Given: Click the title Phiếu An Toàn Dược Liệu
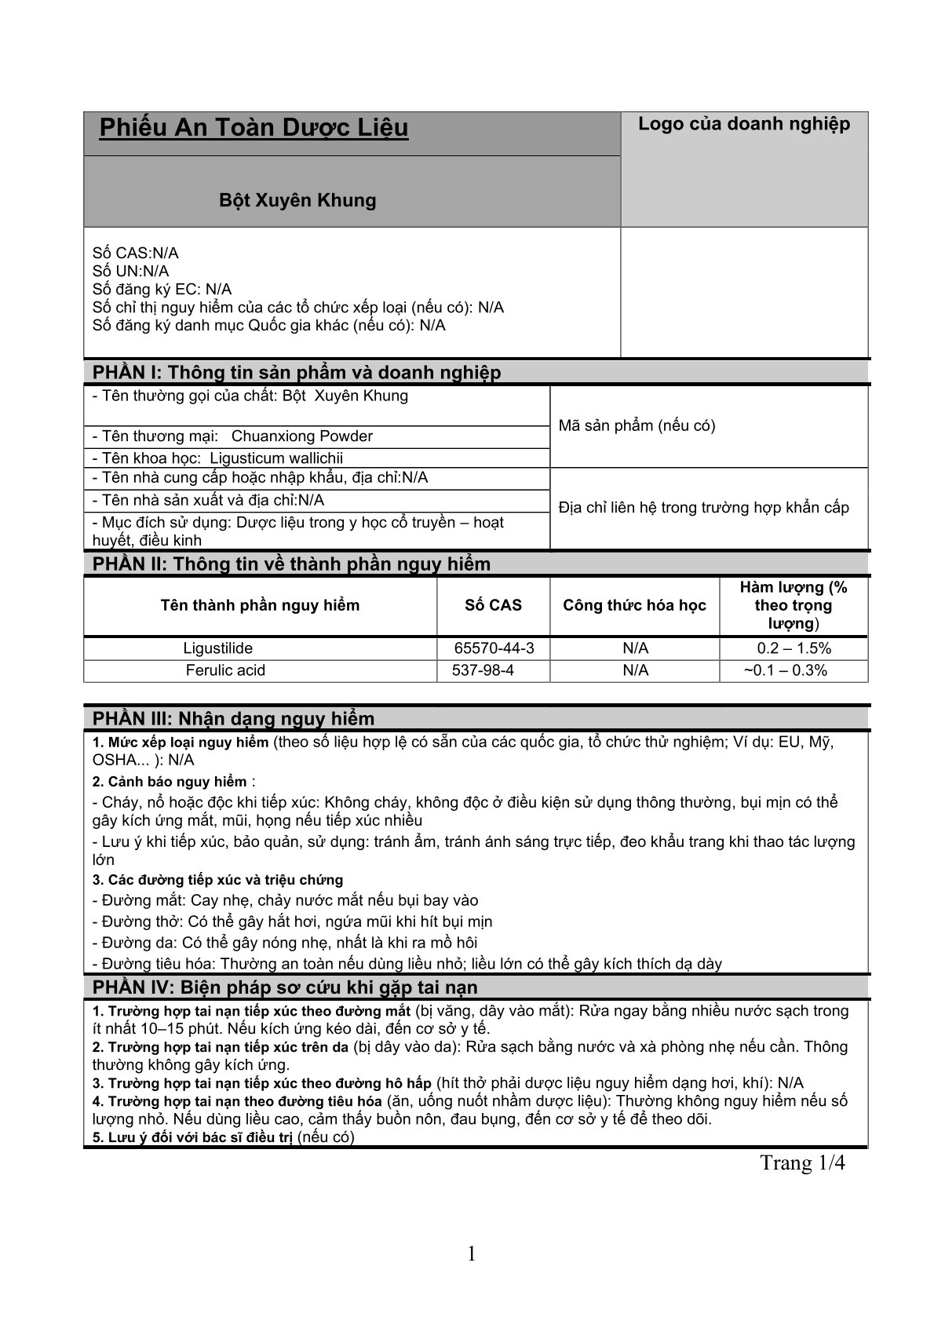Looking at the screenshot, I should click(x=254, y=128).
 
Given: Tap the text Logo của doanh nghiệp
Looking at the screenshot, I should click(x=743, y=124).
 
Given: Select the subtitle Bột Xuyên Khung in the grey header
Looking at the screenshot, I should click(x=297, y=200).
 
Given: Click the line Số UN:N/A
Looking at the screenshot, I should click(x=130, y=271).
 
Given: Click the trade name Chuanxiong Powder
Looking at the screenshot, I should click(x=302, y=436).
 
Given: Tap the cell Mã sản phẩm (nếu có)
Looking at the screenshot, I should click(x=637, y=426).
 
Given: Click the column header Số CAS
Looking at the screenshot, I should click(x=493, y=605).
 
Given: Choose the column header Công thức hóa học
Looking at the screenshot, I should click(x=634, y=605).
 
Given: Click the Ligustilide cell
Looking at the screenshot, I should click(x=218, y=648).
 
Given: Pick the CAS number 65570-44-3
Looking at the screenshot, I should click(x=494, y=648).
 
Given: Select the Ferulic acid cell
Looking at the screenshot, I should click(x=225, y=670).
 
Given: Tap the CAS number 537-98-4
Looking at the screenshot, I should click(x=483, y=670).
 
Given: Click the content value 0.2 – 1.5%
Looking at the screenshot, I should click(x=794, y=648).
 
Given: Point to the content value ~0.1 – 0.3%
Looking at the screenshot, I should click(x=785, y=670).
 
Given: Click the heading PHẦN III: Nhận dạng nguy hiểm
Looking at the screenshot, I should click(x=234, y=718).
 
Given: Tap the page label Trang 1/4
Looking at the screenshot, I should click(x=802, y=1162).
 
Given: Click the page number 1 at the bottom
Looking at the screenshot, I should click(x=472, y=1254).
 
